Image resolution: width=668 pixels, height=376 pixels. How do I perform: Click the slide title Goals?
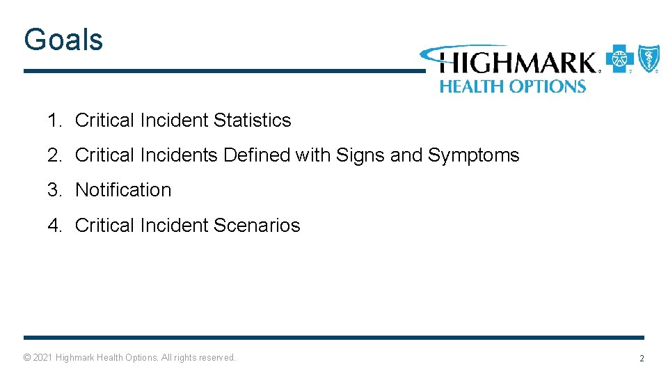click(x=63, y=40)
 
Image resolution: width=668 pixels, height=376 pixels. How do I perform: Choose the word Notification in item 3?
click(x=123, y=190)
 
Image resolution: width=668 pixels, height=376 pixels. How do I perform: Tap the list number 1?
click(x=54, y=120)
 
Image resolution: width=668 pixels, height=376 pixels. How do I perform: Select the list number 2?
click(x=54, y=155)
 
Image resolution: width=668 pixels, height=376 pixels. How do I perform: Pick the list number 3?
click(x=54, y=190)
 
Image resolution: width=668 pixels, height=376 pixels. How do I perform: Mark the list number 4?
click(x=54, y=226)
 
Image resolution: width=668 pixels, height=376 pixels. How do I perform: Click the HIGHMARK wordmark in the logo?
click(x=518, y=63)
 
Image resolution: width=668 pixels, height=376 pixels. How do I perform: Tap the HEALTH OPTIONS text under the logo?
click(x=512, y=86)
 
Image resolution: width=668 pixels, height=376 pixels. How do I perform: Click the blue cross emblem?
click(x=619, y=59)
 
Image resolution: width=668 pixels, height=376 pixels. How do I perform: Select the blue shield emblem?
click(x=649, y=58)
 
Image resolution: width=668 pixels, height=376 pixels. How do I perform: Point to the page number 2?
click(x=642, y=359)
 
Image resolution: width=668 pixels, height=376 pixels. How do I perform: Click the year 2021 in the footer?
click(x=42, y=358)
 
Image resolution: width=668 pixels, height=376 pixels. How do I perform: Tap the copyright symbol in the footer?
click(x=27, y=358)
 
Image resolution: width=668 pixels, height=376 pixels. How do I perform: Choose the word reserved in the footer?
click(x=217, y=358)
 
